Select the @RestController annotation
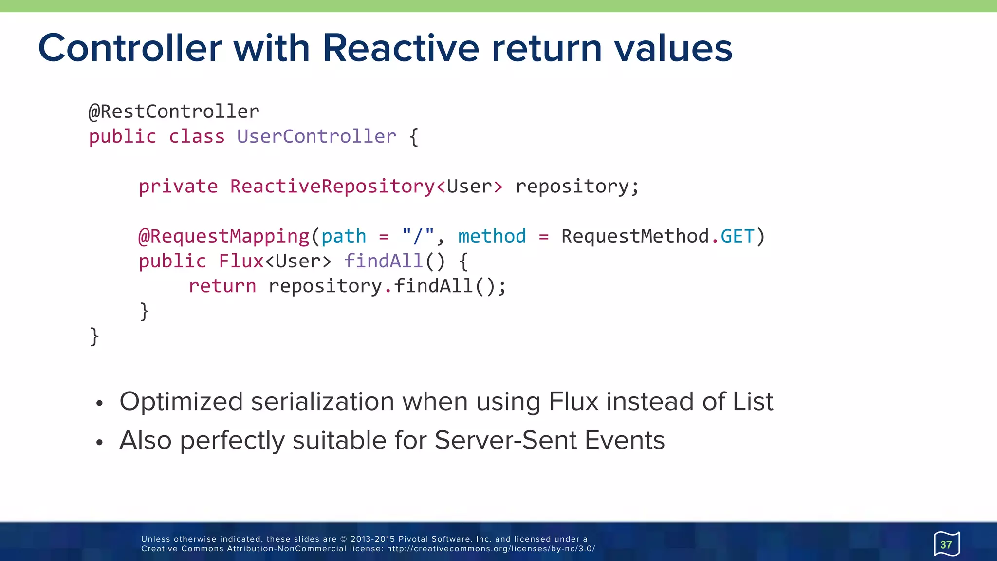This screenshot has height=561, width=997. click(x=174, y=112)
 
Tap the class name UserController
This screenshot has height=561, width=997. click(x=316, y=137)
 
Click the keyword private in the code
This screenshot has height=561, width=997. click(x=178, y=187)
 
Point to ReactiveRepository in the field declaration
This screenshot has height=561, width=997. click(x=332, y=187)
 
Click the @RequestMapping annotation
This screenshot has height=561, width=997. click(x=224, y=237)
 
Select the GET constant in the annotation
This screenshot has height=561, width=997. click(x=737, y=237)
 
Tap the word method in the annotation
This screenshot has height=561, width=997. click(x=492, y=237)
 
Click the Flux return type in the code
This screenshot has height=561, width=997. click(x=241, y=262)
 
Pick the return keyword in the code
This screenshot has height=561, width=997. click(x=222, y=286)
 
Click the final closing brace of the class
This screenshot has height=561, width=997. click(x=94, y=337)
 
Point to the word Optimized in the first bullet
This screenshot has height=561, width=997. click(x=181, y=402)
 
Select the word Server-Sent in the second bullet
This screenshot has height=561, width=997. click(x=506, y=441)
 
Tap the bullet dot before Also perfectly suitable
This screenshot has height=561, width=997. click(x=100, y=443)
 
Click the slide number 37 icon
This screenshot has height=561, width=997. click(x=946, y=544)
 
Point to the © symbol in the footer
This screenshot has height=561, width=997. click(x=343, y=539)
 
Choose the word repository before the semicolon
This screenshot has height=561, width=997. click(x=572, y=187)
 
